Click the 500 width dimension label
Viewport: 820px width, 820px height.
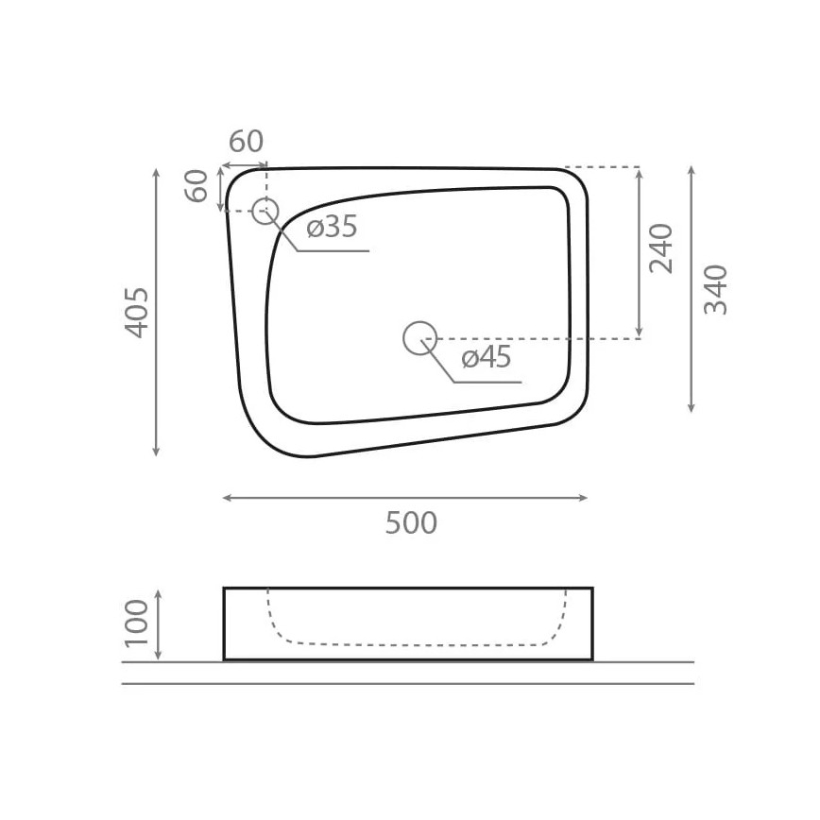411,522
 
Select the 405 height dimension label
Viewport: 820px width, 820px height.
137,312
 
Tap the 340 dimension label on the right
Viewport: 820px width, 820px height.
716,289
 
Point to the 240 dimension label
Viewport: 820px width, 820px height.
661,248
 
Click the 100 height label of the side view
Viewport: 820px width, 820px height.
137,623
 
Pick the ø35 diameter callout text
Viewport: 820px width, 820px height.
332,227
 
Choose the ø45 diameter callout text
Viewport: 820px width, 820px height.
486,358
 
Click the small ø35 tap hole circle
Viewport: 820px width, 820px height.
265,210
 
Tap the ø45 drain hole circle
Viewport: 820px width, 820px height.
419,338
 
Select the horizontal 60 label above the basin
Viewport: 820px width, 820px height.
246,142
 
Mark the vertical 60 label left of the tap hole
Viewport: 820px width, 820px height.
196,186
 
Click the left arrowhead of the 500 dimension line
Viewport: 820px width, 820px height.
226,498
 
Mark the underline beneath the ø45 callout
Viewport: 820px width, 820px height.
487,383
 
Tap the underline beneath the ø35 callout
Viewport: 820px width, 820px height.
333,251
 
